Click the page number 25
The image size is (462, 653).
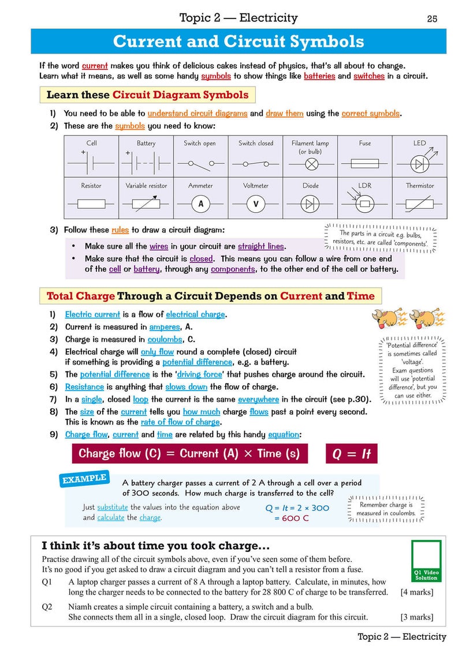432,18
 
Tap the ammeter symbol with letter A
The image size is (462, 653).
200,204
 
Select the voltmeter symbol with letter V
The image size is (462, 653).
256,204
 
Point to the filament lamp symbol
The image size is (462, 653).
310,163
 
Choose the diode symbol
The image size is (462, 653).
311,204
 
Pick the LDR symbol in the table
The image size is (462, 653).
364,203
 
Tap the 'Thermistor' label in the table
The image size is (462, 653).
419,186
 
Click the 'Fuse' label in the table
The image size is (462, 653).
365,143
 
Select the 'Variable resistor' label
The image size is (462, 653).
146,186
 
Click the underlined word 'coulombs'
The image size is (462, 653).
165,340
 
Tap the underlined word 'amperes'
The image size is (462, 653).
165,326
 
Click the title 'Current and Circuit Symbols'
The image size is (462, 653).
239,42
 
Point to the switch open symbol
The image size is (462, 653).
200,163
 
